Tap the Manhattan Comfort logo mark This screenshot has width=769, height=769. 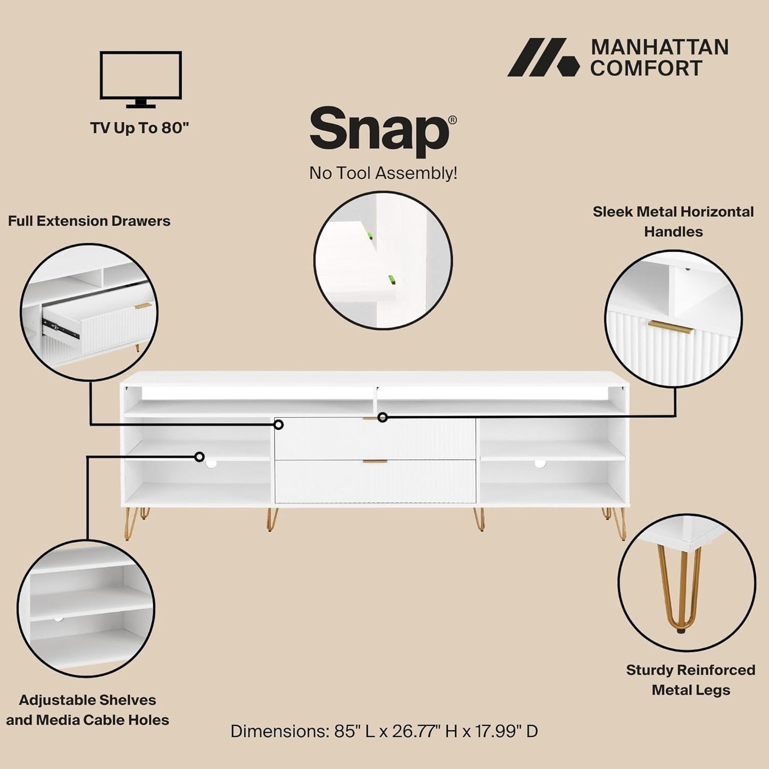point(543,57)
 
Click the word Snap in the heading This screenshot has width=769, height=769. point(379,130)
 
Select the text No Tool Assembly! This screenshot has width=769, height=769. point(383,173)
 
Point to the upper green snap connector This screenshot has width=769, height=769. point(370,236)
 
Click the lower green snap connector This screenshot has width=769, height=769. point(392,280)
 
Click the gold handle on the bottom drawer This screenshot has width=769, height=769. point(375,461)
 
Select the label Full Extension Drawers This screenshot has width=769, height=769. point(89,221)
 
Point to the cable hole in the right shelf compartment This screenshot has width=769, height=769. point(540,464)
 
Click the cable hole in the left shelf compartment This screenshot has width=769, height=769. point(211,464)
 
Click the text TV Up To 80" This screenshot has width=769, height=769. point(139,128)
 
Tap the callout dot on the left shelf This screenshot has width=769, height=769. point(200,457)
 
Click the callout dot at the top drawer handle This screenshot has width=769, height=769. point(383,417)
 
